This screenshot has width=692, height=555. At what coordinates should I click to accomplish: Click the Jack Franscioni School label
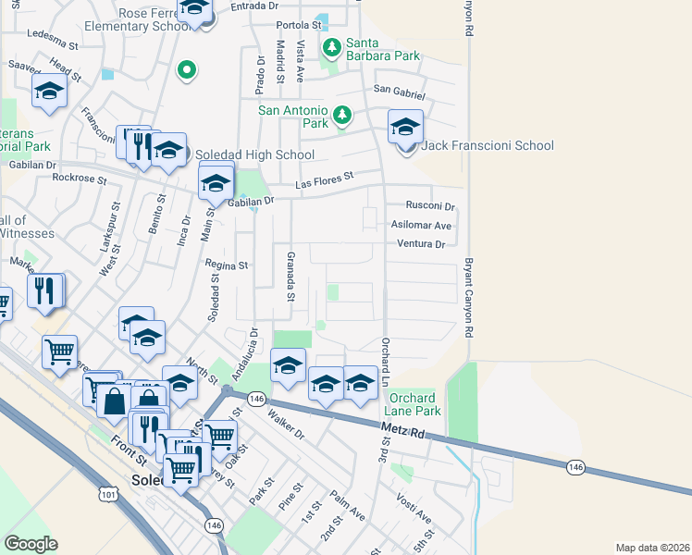click(488, 145)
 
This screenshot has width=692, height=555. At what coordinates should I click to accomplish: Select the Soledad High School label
click(253, 154)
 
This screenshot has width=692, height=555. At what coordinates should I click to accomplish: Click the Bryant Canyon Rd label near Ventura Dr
click(469, 296)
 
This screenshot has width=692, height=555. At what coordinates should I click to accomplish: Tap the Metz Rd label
click(403, 431)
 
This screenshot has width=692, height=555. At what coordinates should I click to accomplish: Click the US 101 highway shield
click(108, 495)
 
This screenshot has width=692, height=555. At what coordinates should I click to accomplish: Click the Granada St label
click(290, 277)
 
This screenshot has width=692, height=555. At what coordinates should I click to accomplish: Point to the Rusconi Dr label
click(432, 205)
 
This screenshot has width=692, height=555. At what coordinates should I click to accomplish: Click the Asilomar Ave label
click(421, 225)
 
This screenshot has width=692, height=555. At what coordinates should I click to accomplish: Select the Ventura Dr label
click(421, 244)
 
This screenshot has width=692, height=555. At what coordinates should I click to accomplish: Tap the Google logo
click(31, 544)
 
